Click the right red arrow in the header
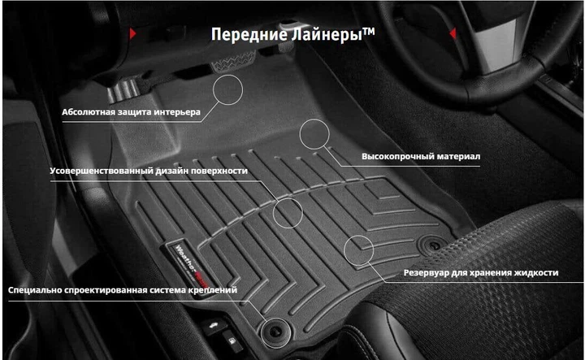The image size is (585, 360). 453,33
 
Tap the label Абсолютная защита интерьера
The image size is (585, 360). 131,113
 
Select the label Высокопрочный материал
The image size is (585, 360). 421,155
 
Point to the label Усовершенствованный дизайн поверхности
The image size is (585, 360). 148,171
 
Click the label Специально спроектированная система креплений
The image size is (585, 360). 123,290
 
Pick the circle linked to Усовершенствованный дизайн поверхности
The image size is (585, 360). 288,213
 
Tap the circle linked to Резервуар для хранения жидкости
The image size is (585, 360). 358,249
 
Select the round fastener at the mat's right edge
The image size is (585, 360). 431,245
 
